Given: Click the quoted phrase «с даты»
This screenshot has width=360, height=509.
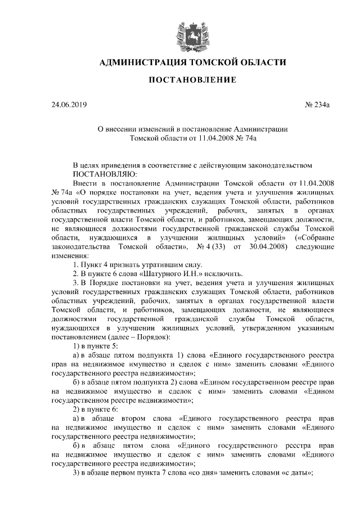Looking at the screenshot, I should (x=294, y=474).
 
